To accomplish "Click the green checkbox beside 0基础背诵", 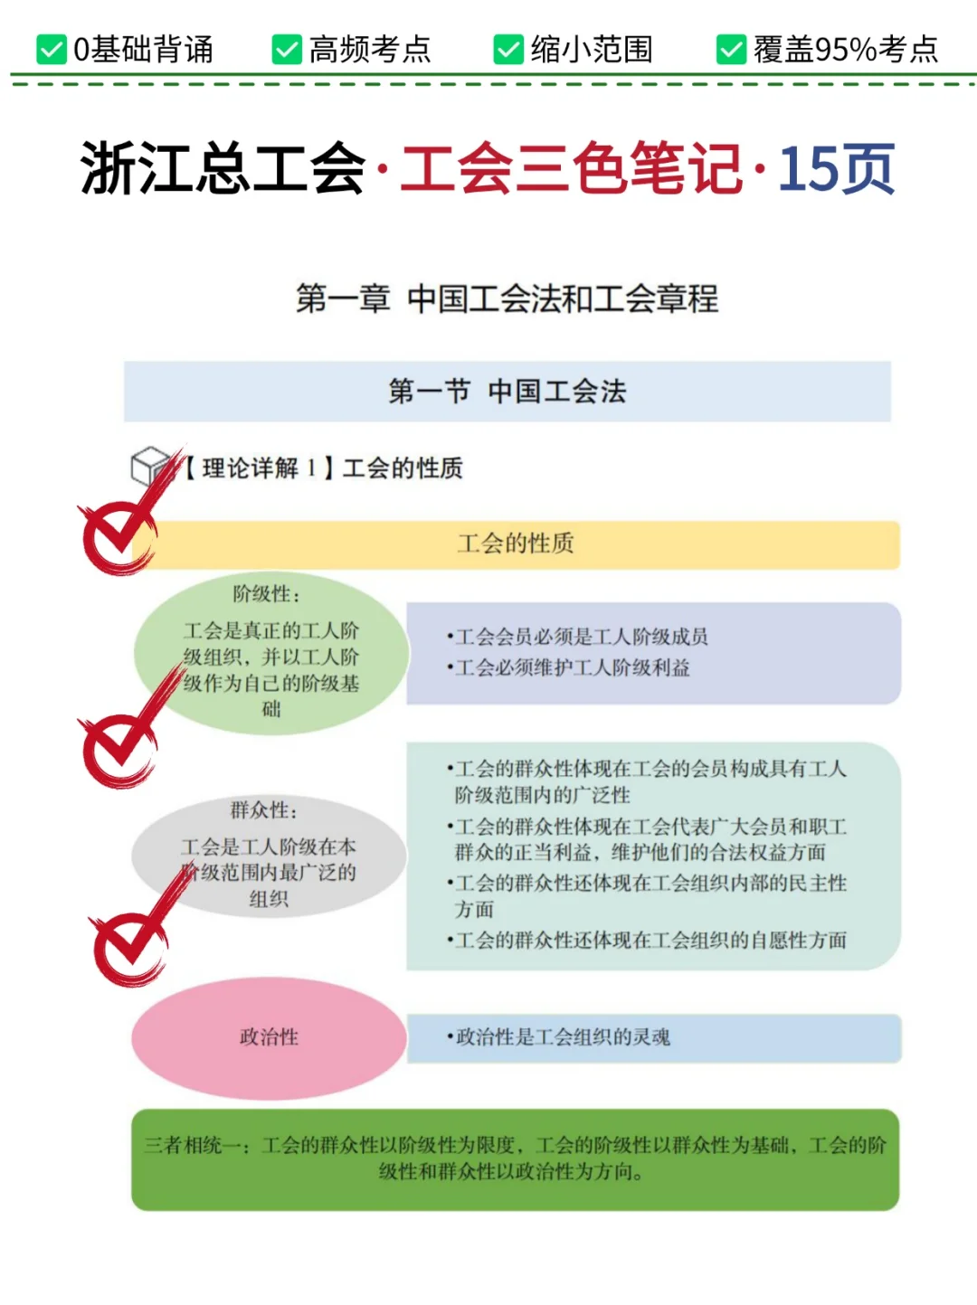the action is point(52,50).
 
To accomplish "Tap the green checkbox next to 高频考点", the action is point(287,50).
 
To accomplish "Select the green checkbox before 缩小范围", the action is point(508,50).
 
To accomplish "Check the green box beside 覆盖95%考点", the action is point(731,50).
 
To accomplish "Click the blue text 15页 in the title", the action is point(836,169).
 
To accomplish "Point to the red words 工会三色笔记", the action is point(571,169).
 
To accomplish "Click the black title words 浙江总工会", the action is point(223,169).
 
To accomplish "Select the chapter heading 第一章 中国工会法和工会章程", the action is point(507,298).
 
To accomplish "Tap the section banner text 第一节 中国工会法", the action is point(507,392).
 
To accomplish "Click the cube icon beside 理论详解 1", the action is point(150,466).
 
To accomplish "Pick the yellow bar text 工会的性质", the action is point(516,544).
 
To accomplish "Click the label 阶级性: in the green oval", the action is point(266,594).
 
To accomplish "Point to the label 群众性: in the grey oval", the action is point(263,810).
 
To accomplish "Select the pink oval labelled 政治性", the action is point(269,1037).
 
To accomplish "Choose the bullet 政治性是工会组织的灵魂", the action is point(562,1037).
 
